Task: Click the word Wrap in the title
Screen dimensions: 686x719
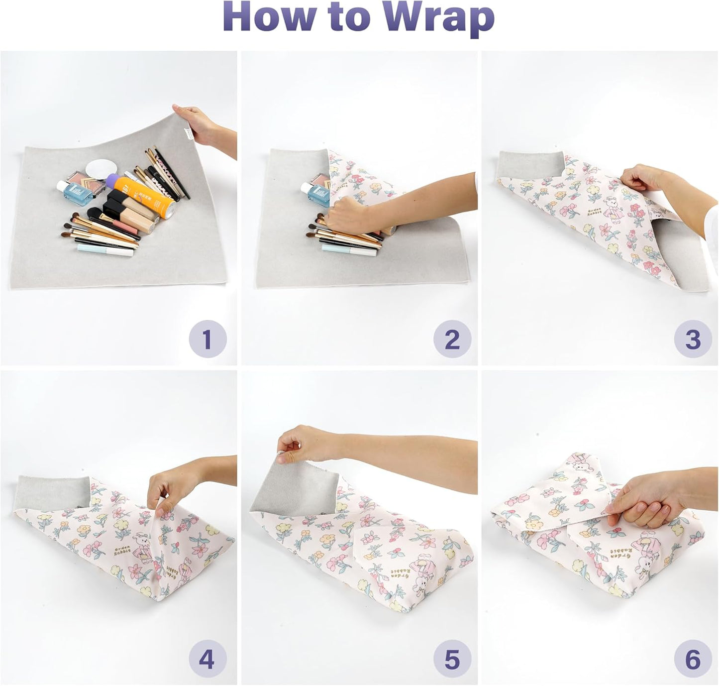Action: pyautogui.click(x=438, y=18)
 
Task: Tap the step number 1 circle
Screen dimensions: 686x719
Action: pyautogui.click(x=207, y=339)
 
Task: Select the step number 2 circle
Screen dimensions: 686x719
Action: pyautogui.click(x=452, y=339)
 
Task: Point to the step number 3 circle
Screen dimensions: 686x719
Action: pyautogui.click(x=693, y=339)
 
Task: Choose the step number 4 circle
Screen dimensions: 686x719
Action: pyautogui.click(x=207, y=659)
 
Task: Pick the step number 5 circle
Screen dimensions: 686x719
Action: pyautogui.click(x=452, y=659)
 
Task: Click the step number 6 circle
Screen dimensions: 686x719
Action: pyautogui.click(x=693, y=659)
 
